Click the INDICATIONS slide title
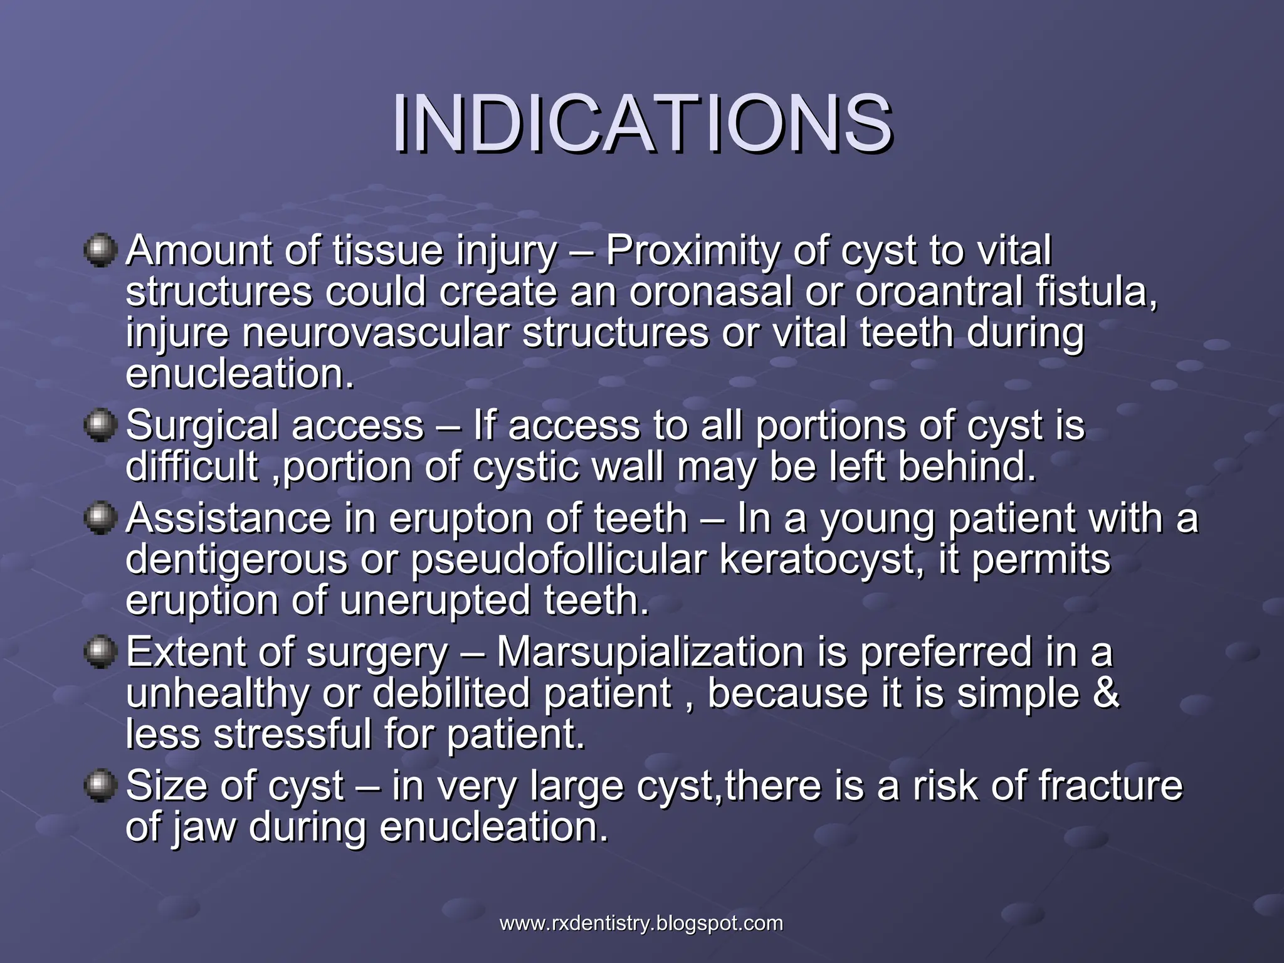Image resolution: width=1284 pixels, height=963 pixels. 641,124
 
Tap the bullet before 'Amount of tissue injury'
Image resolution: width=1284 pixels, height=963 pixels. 100,251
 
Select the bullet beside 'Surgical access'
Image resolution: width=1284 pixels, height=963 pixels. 100,426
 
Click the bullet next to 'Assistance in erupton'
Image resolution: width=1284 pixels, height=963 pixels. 100,518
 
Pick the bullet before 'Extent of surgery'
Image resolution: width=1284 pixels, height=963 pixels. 100,652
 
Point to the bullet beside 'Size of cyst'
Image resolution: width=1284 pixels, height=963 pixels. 100,786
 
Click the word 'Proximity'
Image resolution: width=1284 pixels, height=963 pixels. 692,251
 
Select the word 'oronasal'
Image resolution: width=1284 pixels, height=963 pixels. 710,292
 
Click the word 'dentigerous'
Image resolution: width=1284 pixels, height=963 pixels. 236,560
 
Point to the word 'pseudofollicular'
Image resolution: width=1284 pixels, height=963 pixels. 558,560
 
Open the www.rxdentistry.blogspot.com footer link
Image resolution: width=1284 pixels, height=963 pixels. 641,924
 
